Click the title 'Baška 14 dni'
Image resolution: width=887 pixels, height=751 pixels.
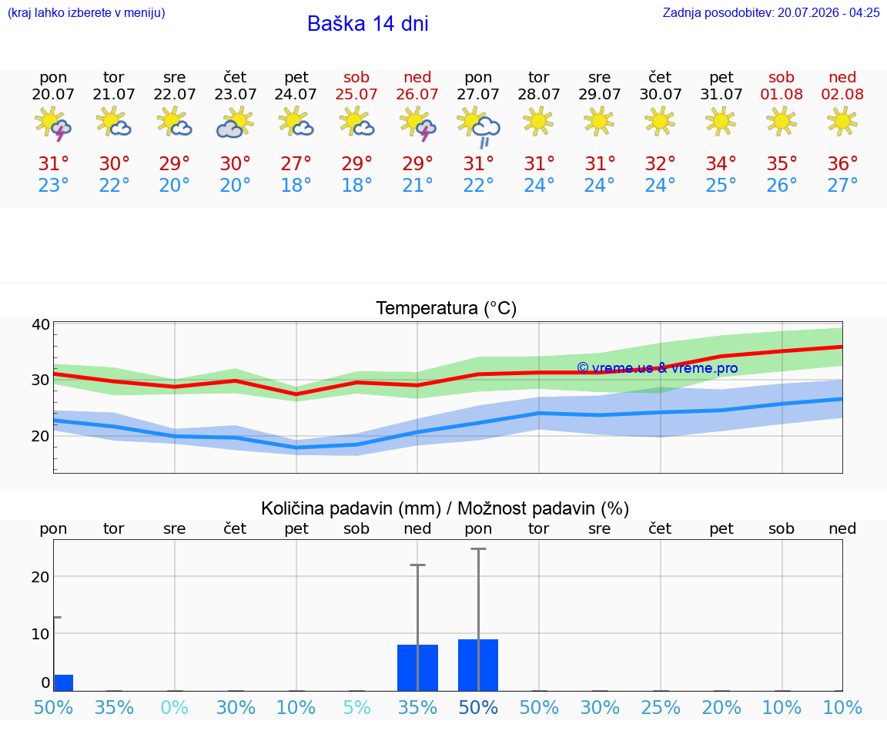point(368,24)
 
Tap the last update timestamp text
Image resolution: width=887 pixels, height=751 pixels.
point(771,12)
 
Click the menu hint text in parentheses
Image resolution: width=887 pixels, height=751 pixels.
point(86,12)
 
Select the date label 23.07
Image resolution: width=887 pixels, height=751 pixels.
point(236,94)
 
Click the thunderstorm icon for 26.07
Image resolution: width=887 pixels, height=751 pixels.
point(417,122)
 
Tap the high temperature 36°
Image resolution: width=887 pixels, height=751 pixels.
point(842,163)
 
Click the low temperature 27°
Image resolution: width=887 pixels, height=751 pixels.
point(842,185)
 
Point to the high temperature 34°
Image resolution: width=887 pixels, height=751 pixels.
point(721,163)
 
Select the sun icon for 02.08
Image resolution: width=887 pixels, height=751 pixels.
point(842,121)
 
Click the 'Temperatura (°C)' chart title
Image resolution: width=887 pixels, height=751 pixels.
point(447,308)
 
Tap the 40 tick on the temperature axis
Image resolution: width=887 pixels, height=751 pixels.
point(41,324)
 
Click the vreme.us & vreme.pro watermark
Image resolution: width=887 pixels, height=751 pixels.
point(658,368)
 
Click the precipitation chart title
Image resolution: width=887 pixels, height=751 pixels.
point(445,508)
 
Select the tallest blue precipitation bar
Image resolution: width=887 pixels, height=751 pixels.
point(478,665)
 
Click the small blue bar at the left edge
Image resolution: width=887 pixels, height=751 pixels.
point(63,682)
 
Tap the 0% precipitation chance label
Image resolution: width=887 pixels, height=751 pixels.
point(174,707)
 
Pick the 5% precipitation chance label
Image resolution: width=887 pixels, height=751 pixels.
point(357,707)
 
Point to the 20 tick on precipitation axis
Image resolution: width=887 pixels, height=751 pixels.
point(41,577)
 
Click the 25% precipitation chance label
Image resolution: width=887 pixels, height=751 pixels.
point(660,707)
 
